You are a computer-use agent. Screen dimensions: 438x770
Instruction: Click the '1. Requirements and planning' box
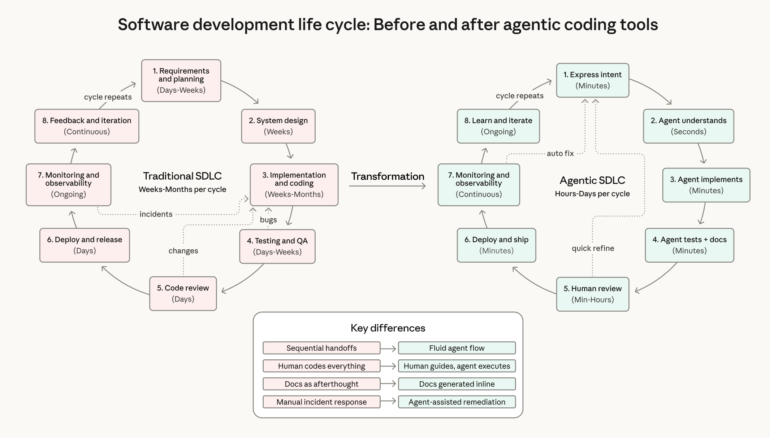coord(181,80)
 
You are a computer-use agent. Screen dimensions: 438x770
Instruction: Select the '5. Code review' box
coord(183,293)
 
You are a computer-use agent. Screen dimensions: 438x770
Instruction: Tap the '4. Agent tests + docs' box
coord(689,245)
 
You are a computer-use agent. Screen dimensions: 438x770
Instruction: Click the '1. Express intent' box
coord(592,80)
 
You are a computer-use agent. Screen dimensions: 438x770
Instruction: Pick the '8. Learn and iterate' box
coord(498,126)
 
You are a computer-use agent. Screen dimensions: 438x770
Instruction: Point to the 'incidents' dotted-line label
coord(156,214)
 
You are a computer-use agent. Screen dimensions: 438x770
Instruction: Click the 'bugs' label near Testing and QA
coord(268,220)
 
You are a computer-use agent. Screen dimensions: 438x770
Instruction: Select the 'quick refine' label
coord(592,248)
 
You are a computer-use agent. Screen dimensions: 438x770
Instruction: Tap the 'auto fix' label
coord(560,153)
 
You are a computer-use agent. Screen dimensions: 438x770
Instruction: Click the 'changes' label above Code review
coord(183,251)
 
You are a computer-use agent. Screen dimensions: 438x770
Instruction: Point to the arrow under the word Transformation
coord(387,186)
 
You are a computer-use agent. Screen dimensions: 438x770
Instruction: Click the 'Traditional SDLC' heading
coord(182,176)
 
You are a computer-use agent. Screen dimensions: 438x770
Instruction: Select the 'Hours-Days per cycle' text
coord(592,194)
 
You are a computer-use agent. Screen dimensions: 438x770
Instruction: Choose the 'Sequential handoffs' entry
coord(321,348)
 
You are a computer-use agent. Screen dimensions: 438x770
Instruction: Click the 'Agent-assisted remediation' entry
coord(457,402)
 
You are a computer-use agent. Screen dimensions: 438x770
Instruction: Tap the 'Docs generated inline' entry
coord(457,384)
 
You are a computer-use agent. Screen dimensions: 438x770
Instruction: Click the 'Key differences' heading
coord(388,328)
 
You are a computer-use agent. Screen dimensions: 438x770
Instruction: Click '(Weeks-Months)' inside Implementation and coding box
coord(294,194)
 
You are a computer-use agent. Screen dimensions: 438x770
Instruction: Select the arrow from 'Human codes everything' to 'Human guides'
coord(389,366)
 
